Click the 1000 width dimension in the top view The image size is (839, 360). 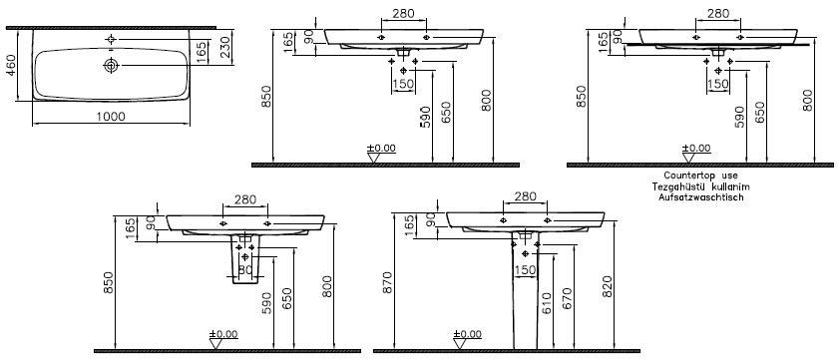[111, 117]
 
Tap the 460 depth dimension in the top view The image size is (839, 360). [11, 65]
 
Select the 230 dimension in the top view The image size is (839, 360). [224, 47]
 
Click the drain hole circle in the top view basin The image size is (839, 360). [111, 65]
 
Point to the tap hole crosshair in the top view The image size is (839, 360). [111, 39]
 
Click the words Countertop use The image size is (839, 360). [700, 176]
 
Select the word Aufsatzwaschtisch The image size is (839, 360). [701, 197]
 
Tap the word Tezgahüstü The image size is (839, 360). [676, 186]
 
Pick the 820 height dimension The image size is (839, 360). [608, 288]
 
